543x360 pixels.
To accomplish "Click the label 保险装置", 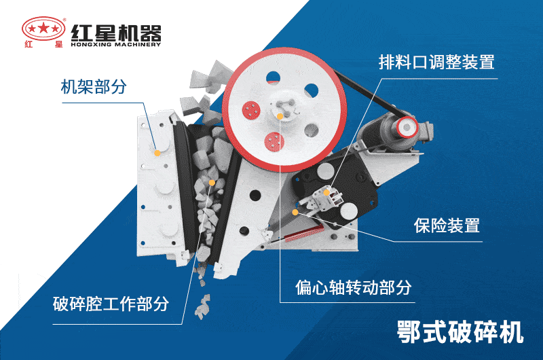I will coord(447,226).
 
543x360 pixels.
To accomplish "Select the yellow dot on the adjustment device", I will coord(326,193).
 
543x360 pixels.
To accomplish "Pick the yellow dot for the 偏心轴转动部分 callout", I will coord(295,212).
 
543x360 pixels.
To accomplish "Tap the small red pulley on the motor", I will coord(407,126).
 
